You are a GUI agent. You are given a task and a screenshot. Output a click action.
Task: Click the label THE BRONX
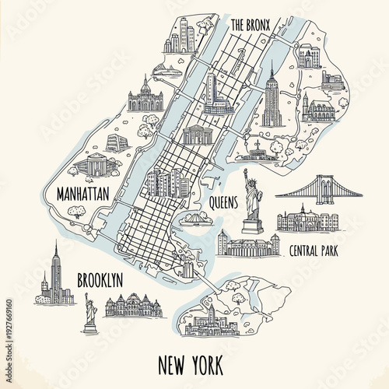pyautogui.click(x=249, y=25)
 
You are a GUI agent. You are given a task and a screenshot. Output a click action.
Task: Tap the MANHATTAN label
pyautogui.click(x=78, y=194)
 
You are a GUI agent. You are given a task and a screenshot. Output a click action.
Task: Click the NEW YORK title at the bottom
pyautogui.click(x=190, y=363)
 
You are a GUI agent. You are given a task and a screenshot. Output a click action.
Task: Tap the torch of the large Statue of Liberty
pyautogui.click(x=245, y=171)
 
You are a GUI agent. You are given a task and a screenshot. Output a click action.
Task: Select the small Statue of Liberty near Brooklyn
pyautogui.click(x=90, y=313)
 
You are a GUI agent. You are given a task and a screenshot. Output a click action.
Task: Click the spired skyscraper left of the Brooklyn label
pyautogui.click(x=56, y=272)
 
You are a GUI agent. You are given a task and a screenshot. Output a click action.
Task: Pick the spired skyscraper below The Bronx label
pyautogui.click(x=271, y=97)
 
